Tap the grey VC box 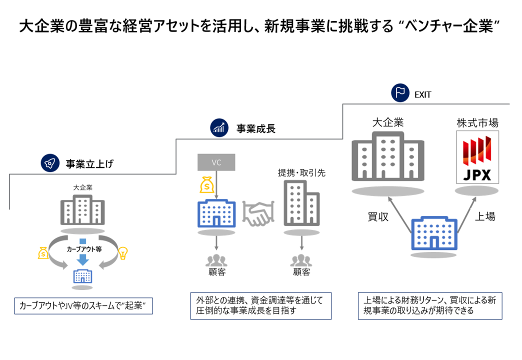[x=216, y=162]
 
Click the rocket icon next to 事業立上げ [x=50, y=163]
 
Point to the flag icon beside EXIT [x=400, y=93]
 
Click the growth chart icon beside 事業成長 [x=219, y=128]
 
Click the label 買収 [x=378, y=216]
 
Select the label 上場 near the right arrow [x=484, y=216]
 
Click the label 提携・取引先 [x=301, y=172]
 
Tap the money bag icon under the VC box [x=207, y=185]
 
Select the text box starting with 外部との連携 [x=260, y=306]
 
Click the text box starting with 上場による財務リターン [x=430, y=306]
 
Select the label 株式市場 [x=477, y=122]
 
